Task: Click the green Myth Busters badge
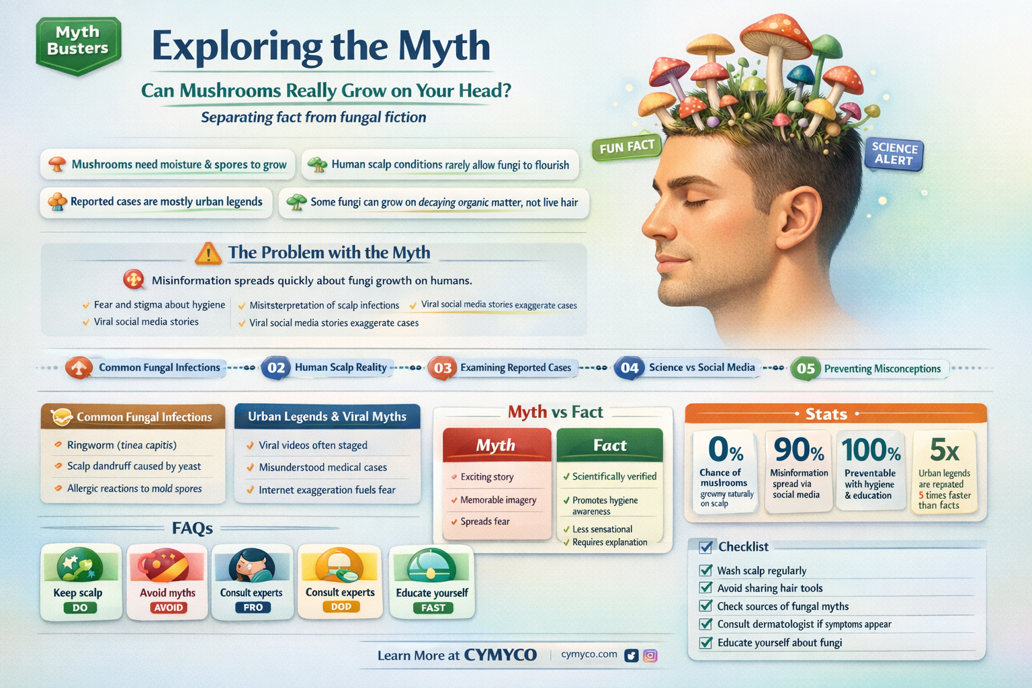[x=78, y=44]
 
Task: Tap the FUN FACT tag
[x=626, y=147]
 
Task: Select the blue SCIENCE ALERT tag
[x=894, y=154]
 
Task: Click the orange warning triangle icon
[x=208, y=253]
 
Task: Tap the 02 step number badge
[x=276, y=368]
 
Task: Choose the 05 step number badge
[x=806, y=368]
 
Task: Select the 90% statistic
[x=799, y=449]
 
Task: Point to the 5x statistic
[x=944, y=449]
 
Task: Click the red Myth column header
[x=496, y=445]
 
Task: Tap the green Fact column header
[x=609, y=445]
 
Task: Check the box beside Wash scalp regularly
[x=705, y=570]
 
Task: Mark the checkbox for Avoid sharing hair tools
[x=705, y=588]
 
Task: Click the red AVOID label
[x=168, y=607]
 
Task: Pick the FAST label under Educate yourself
[x=433, y=607]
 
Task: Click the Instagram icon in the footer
[x=650, y=656]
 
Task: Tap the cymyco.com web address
[x=589, y=654]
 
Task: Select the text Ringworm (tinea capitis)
[x=122, y=445]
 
